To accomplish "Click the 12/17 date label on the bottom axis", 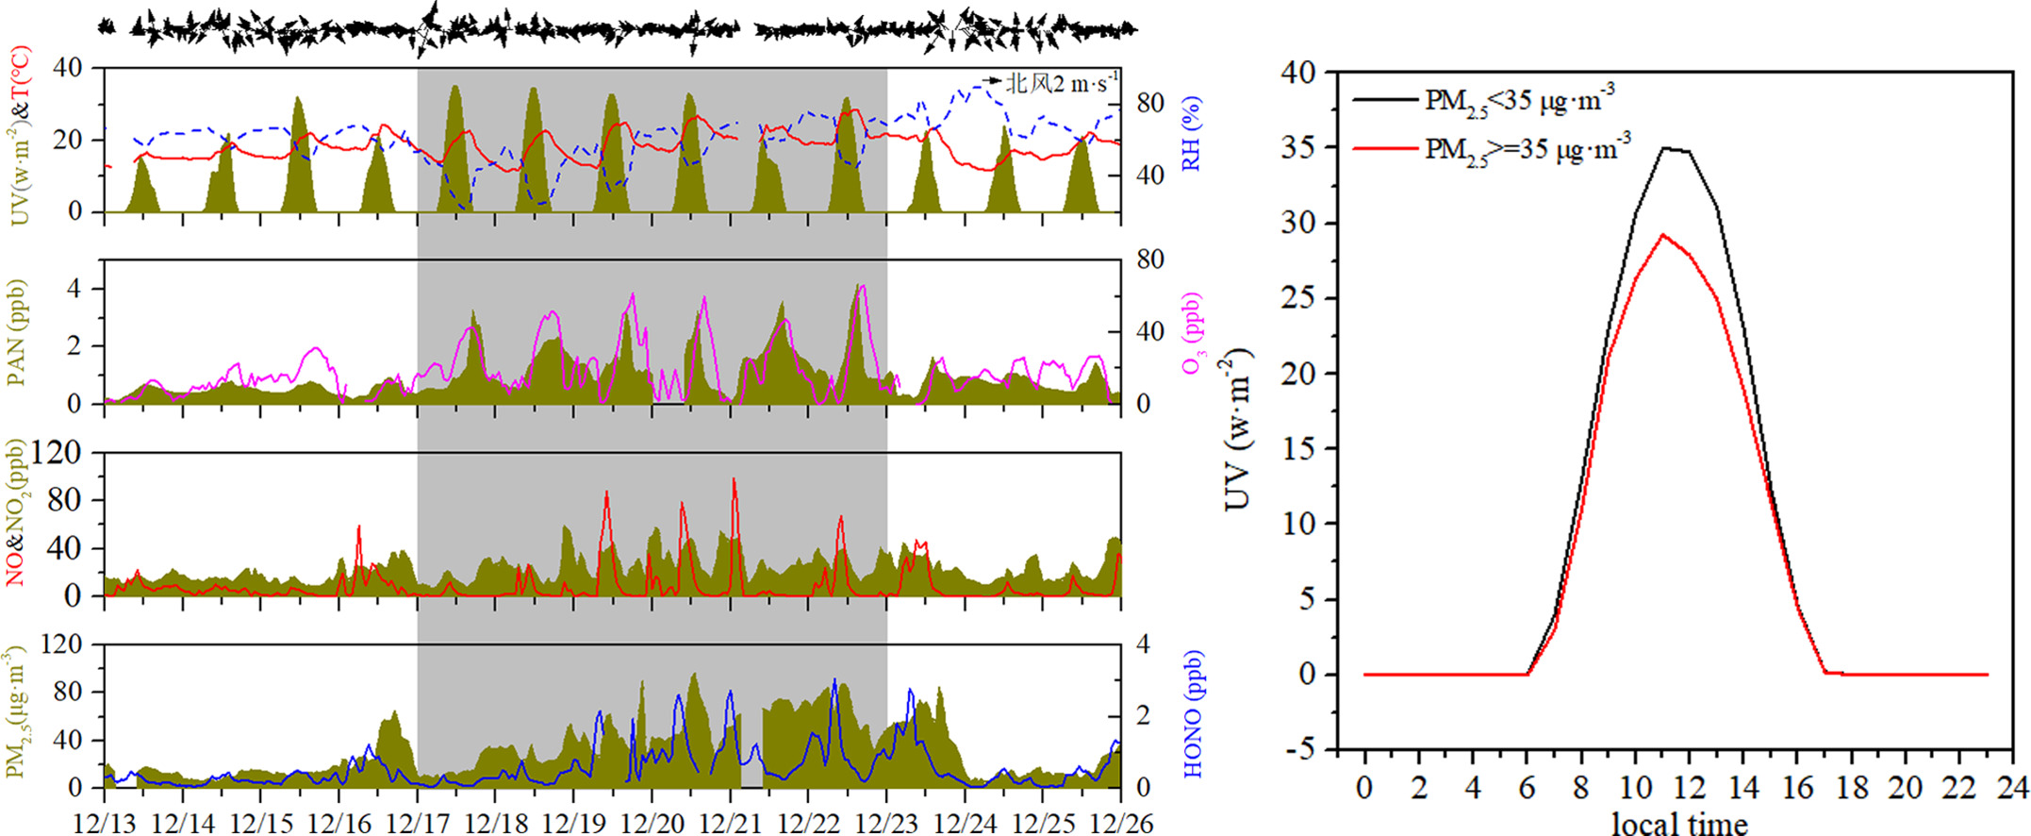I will (417, 823).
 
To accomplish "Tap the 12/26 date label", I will (1120, 823).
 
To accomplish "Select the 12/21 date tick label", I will (730, 823).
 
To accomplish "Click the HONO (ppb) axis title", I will (1194, 713).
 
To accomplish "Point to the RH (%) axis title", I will (1192, 134).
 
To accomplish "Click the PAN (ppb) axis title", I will (16, 333).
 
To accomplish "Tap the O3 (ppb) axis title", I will (1194, 332).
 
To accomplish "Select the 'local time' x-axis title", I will (1679, 823).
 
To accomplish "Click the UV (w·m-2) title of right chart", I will (1238, 429).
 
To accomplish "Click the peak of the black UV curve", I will (1665, 148).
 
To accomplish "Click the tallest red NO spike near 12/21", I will (734, 479).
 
